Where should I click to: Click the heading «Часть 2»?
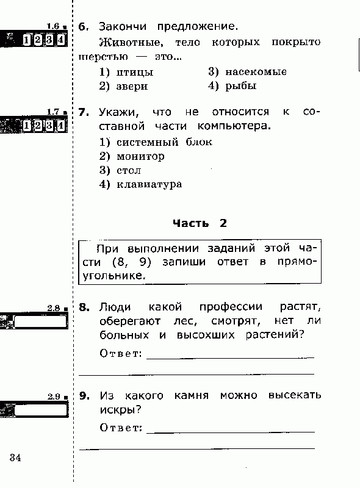200,223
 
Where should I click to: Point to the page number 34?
15,457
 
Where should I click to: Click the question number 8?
84,307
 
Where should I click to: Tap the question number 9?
84,396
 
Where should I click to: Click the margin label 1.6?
53,26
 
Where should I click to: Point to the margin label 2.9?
54,396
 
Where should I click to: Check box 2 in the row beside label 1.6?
38,40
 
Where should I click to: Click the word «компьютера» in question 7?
234,126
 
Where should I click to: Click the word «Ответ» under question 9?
121,428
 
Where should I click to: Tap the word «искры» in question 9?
121,410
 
